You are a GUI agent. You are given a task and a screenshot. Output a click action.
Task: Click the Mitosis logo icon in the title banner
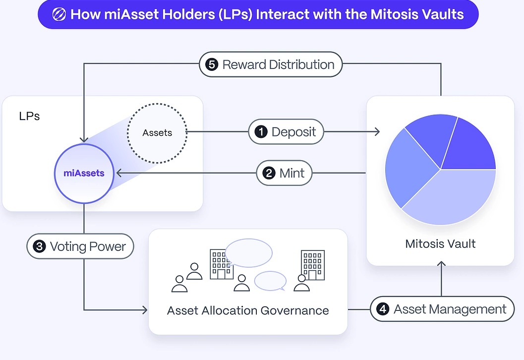coord(59,14)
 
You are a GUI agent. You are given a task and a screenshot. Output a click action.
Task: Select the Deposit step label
coord(286,132)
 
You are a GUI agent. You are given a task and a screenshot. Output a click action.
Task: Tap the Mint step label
coord(284,173)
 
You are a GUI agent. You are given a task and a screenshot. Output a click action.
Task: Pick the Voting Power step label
coord(80,246)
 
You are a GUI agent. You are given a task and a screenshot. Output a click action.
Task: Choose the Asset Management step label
coord(442,309)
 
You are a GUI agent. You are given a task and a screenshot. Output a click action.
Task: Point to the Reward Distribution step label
coord(271,64)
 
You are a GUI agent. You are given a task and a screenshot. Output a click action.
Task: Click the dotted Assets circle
coord(157,133)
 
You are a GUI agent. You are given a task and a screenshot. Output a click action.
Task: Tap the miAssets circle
coord(84,173)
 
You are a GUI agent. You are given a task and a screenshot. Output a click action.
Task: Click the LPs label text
coord(29,116)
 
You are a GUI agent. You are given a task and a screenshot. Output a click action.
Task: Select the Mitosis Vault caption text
coord(440,243)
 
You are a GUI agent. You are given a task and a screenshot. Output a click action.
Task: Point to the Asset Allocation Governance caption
coord(248,310)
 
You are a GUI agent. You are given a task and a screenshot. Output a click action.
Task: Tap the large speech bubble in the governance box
coord(249,253)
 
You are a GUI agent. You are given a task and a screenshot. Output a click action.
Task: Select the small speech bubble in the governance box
coord(270,281)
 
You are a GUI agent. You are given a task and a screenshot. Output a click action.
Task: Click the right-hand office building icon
coord(313,265)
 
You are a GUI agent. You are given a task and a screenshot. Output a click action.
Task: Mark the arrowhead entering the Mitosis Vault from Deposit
coord(377,132)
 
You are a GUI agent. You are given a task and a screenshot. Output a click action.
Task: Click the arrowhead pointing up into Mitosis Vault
coord(441,264)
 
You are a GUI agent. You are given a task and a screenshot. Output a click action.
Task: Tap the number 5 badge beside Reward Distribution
coord(212,64)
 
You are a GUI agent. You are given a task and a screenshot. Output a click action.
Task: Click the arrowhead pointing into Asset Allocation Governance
coord(145,310)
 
